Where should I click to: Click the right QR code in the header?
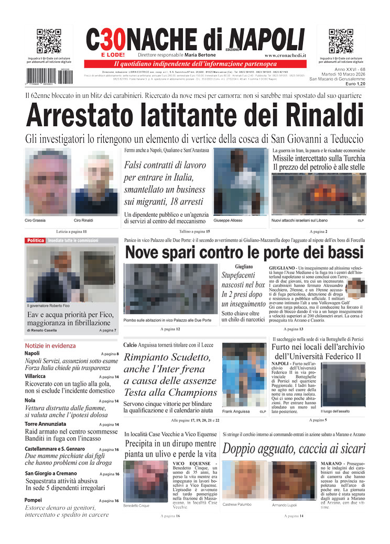[x=341, y=41]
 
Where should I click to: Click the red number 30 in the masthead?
[x=113, y=40]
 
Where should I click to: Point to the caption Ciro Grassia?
[x=35, y=220]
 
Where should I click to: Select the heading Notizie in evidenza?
[x=50, y=346]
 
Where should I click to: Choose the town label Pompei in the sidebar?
[x=35, y=500]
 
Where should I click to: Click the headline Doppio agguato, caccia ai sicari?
[x=294, y=449]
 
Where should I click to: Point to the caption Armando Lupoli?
[x=285, y=505]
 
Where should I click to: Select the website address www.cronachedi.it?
[x=285, y=55]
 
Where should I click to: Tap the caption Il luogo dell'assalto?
[x=335, y=411]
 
